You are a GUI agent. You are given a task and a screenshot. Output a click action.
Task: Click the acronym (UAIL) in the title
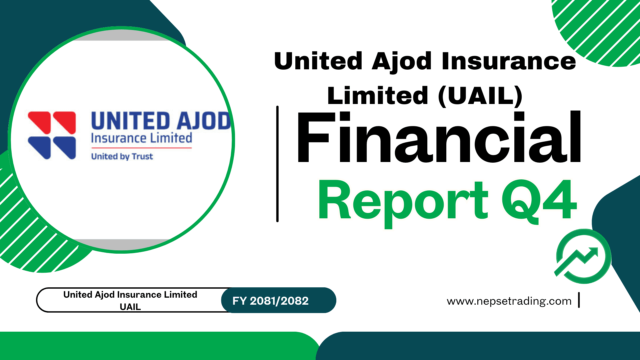480,96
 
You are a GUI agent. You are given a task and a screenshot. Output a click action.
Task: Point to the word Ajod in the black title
401,62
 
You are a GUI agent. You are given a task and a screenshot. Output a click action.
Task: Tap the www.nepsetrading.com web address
509,301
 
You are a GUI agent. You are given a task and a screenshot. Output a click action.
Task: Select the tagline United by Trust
122,156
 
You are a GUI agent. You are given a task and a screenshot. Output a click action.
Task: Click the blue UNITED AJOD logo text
161,121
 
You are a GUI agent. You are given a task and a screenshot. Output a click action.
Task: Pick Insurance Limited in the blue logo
141,138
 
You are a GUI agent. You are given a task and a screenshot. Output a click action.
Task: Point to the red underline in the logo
141,147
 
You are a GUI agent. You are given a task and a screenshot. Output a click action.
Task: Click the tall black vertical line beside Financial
277,163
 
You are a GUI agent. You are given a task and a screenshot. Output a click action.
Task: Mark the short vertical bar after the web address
579,300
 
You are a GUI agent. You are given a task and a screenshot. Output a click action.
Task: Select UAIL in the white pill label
130,307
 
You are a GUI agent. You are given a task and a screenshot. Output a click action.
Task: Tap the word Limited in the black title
377,96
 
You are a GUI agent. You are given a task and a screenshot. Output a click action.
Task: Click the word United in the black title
318,61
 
